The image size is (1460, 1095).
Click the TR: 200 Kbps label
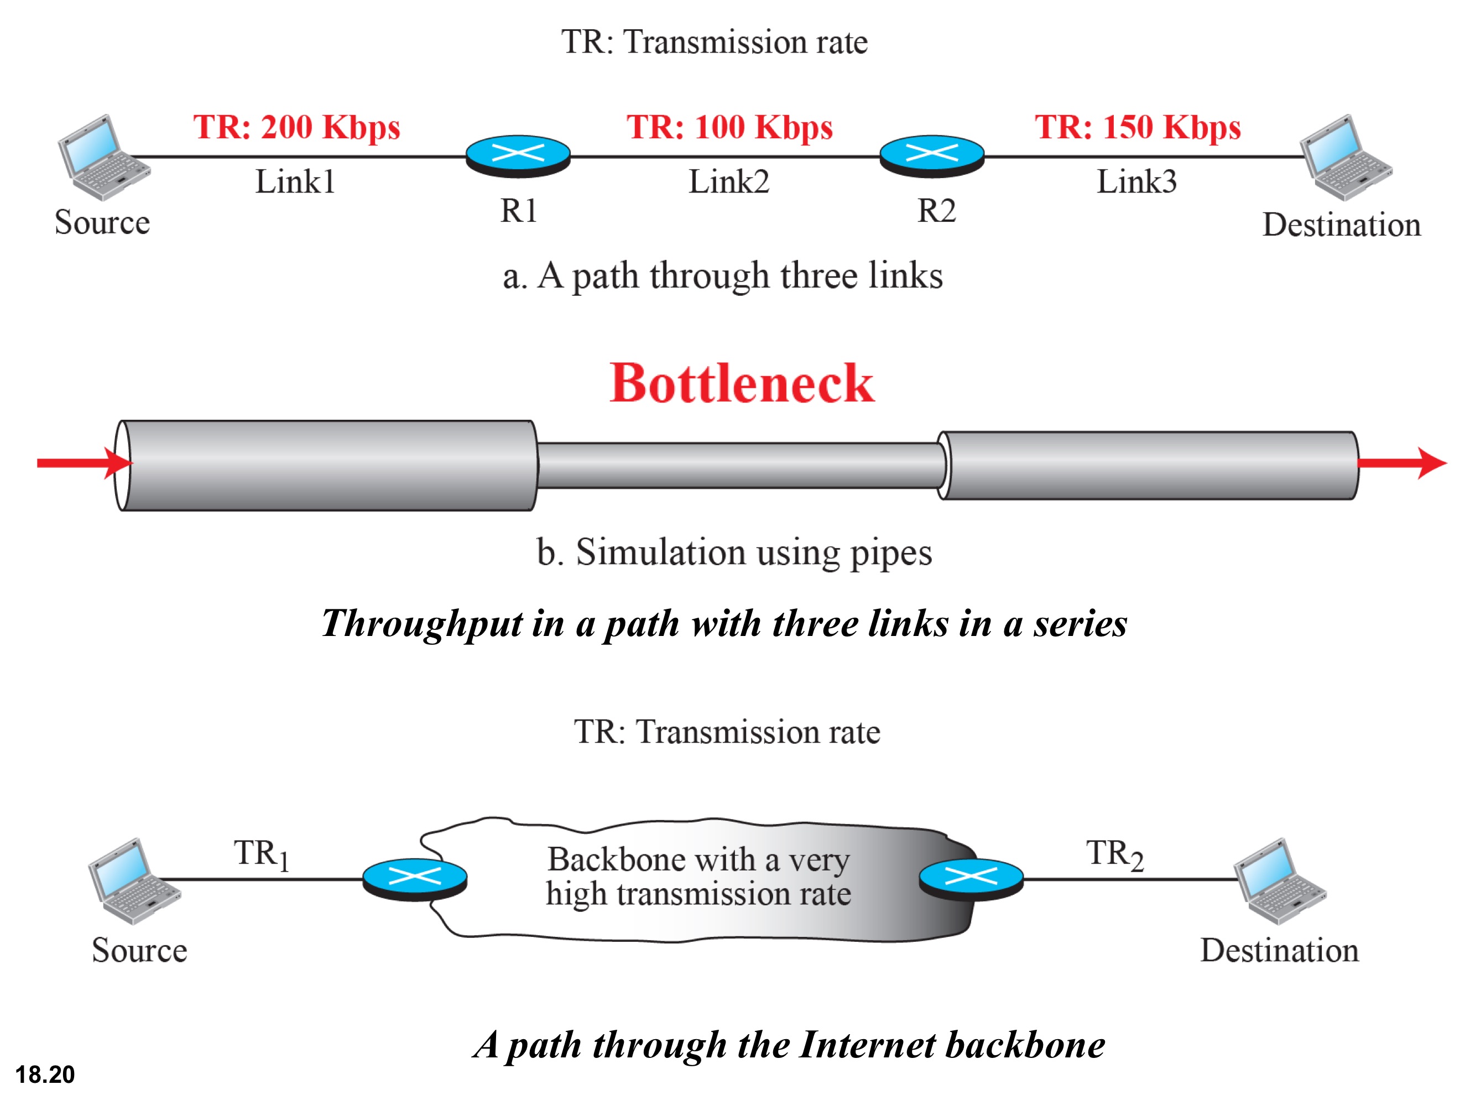(296, 127)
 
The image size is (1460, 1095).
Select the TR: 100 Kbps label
(729, 127)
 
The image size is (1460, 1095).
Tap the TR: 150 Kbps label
(1137, 127)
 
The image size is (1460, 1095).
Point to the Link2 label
(729, 181)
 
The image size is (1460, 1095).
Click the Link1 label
(295, 181)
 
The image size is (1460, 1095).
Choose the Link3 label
(1136, 181)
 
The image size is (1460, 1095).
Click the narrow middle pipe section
(739, 465)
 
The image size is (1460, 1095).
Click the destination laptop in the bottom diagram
(1279, 880)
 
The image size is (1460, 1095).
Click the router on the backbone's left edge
(415, 879)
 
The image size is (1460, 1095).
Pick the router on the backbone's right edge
(971, 879)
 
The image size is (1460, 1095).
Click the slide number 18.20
(45, 1074)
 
